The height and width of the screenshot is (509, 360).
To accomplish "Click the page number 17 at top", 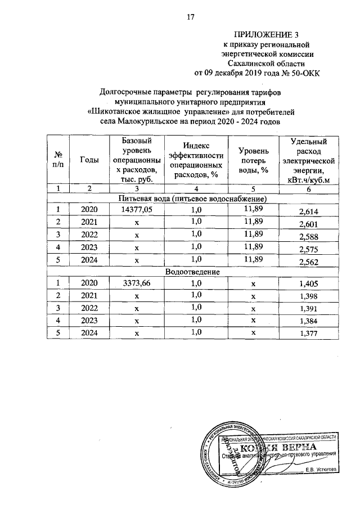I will pos(190,17).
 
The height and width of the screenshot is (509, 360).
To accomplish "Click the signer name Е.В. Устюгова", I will pos(321,470).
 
